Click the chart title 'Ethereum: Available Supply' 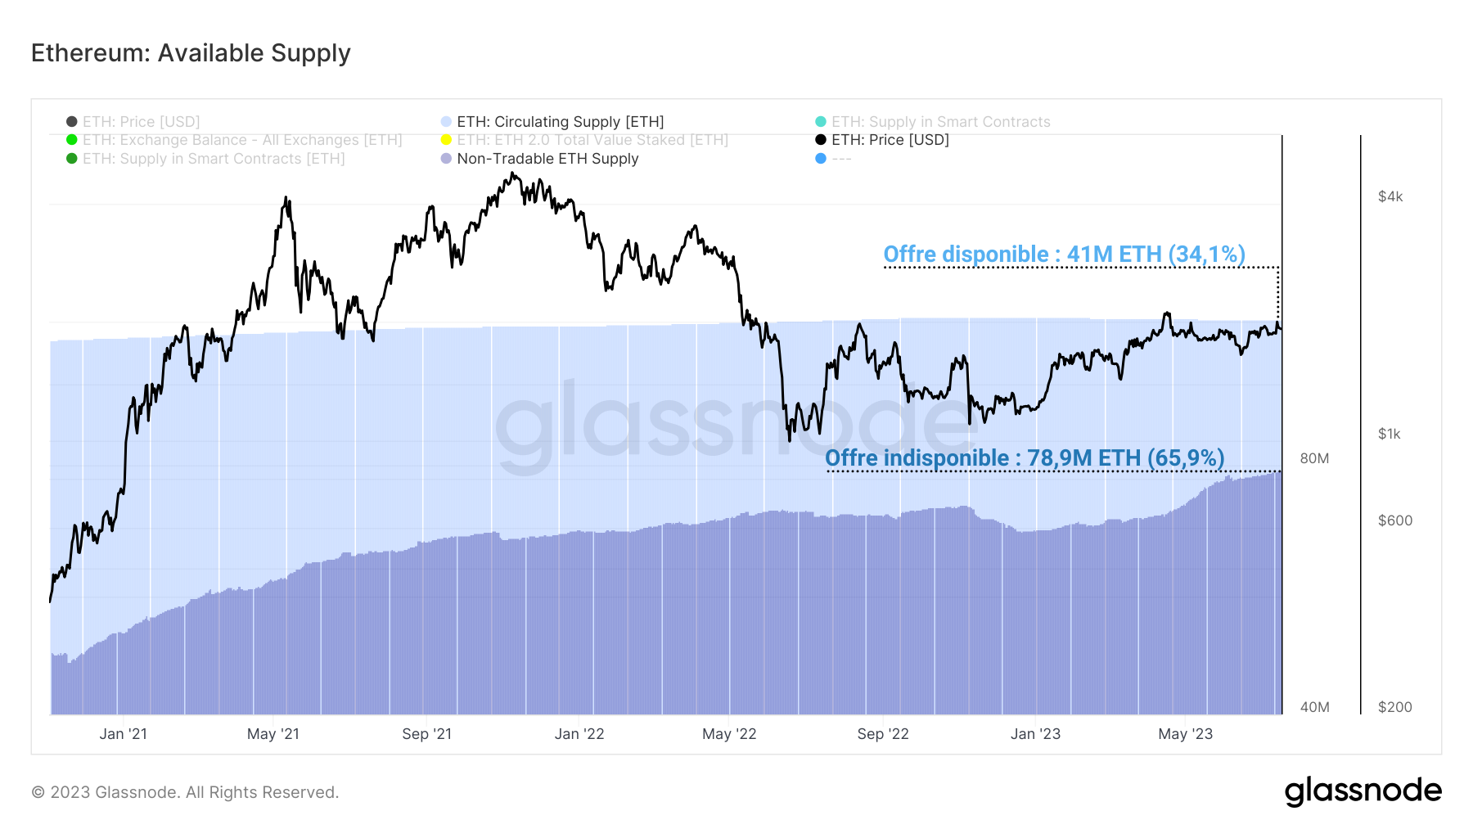pos(191,53)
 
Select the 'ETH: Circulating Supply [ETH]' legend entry pos(560,122)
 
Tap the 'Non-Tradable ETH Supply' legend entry pos(547,159)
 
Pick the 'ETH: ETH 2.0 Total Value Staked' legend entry pos(592,140)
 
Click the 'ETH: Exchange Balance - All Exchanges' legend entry pos(241,140)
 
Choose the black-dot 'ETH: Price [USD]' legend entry pos(890,140)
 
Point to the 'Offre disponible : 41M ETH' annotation pos(1064,255)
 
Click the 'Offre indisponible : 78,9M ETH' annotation pos(1025,458)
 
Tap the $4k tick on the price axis pos(1390,196)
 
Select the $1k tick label pos(1389,434)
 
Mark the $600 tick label pos(1394,520)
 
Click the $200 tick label pos(1394,707)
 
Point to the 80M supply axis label pos(1314,458)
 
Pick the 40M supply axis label pos(1314,707)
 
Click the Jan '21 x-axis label pos(123,734)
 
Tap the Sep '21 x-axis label pos(426,734)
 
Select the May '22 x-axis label pos(729,734)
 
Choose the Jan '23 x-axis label pos(1035,734)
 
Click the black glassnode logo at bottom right pos(1363,791)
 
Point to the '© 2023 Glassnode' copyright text pos(185,792)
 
